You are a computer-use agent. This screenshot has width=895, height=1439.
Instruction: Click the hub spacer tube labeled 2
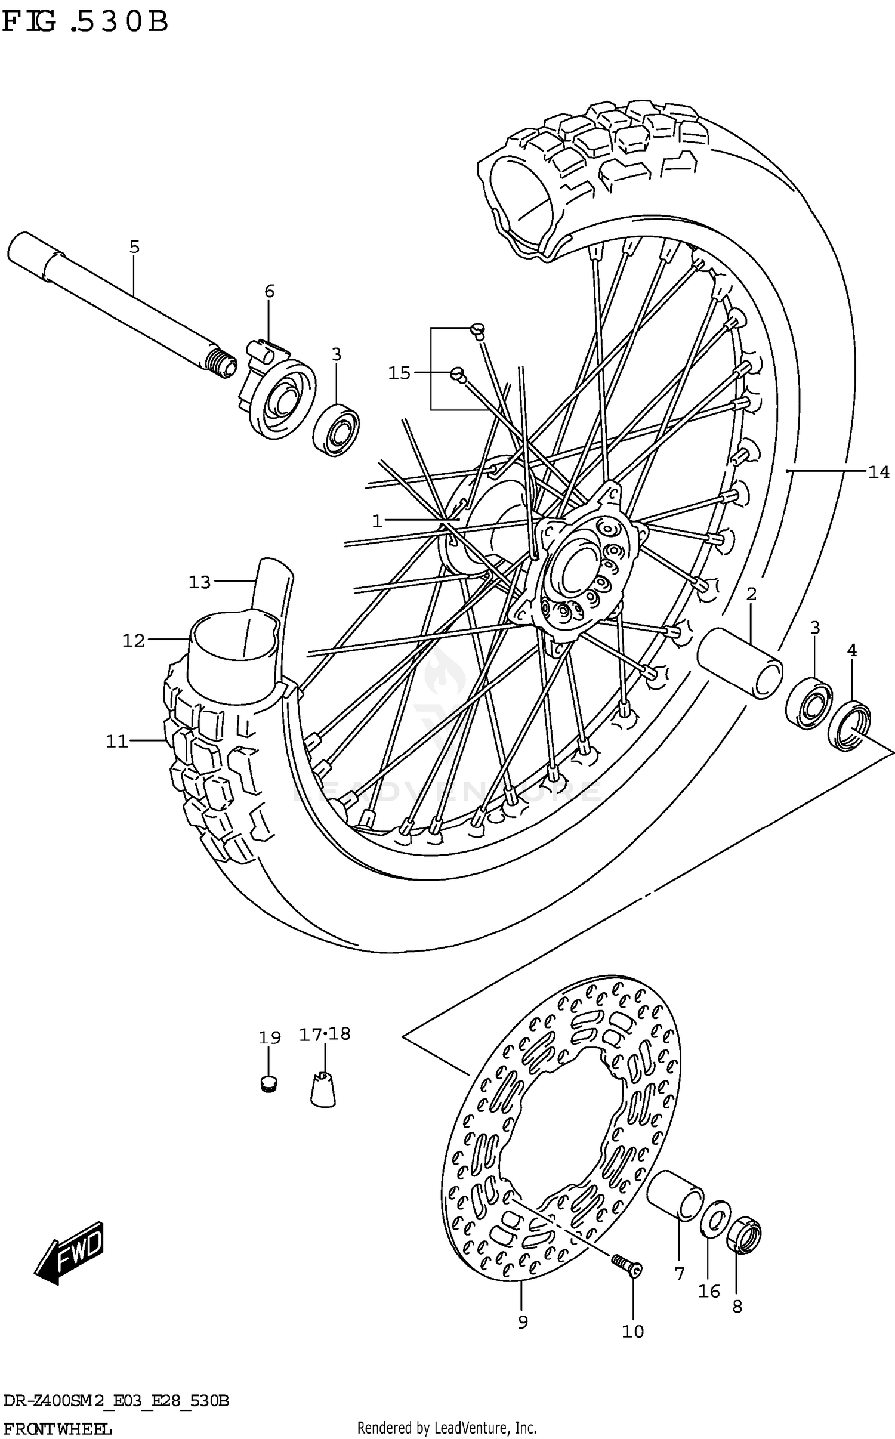point(740,662)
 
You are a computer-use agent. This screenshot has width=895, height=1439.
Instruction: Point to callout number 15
point(399,373)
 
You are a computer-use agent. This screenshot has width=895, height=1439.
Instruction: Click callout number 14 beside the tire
point(878,473)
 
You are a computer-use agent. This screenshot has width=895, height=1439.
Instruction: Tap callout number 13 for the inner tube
point(199,582)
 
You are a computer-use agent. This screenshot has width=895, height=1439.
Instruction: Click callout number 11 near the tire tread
point(117,742)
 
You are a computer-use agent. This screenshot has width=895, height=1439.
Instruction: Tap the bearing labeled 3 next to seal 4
point(808,700)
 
